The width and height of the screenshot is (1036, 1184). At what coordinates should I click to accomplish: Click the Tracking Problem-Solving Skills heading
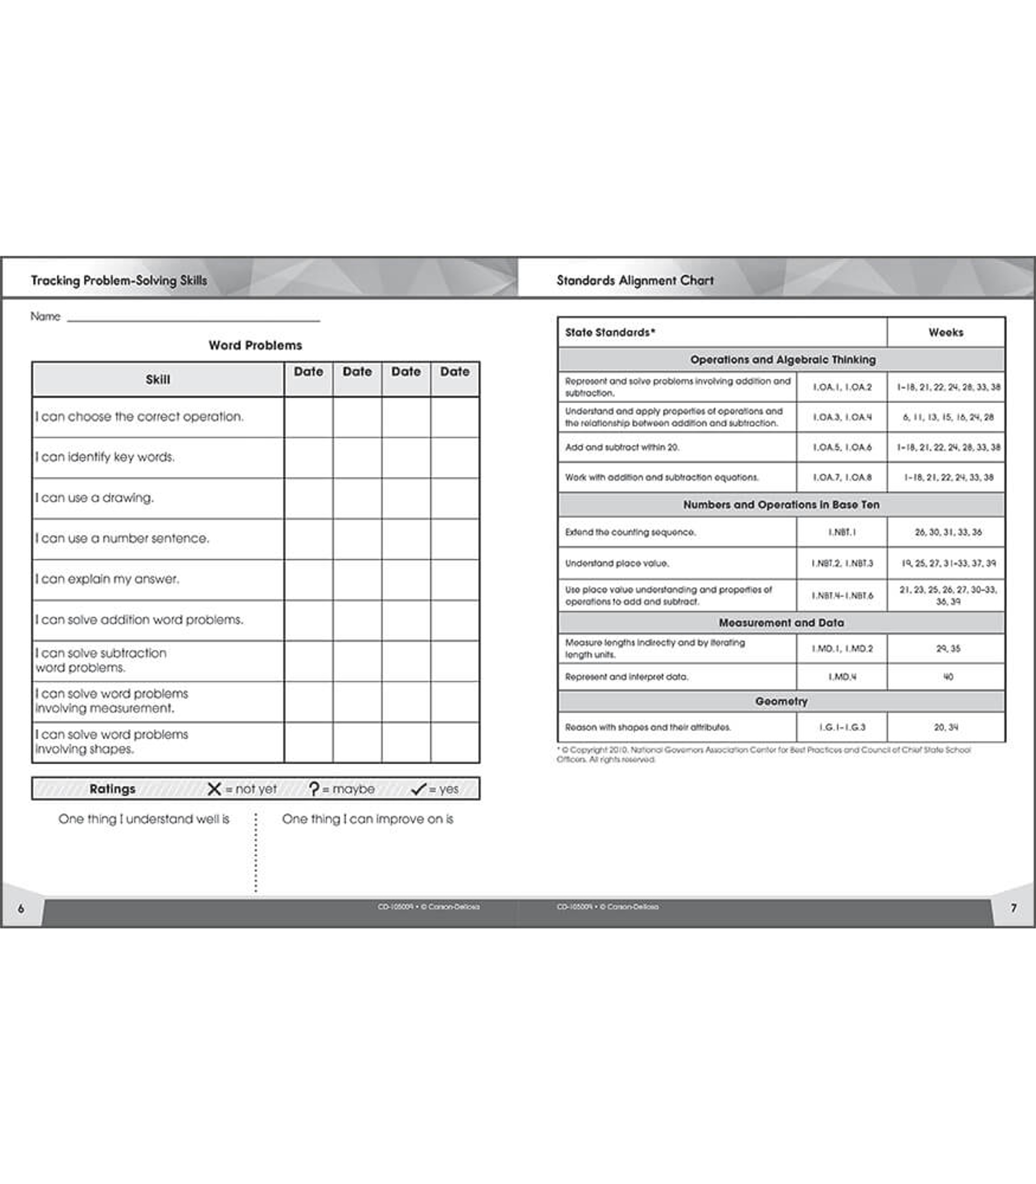click(119, 280)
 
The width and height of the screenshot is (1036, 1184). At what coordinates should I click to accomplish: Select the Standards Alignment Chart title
click(635, 280)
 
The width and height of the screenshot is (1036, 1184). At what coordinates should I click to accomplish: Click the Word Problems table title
click(255, 345)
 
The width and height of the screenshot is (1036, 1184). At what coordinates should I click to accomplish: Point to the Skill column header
click(157, 379)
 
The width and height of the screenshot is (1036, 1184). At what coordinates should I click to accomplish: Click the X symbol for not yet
click(214, 789)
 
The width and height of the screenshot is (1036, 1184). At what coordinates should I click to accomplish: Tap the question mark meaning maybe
click(314, 789)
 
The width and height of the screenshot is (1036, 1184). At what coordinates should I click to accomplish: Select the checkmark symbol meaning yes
click(418, 789)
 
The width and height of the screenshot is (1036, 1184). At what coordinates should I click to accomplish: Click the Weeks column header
click(946, 333)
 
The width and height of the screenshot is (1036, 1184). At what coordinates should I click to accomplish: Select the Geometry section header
click(781, 701)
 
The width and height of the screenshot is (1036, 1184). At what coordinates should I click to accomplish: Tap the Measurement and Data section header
click(781, 623)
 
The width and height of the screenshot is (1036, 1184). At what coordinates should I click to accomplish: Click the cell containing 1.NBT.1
click(842, 532)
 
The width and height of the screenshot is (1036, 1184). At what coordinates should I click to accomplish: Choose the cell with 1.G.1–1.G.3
click(842, 727)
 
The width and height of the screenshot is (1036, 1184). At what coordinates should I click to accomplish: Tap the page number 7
click(1013, 908)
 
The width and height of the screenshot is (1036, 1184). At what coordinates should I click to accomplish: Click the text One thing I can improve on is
click(368, 819)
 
